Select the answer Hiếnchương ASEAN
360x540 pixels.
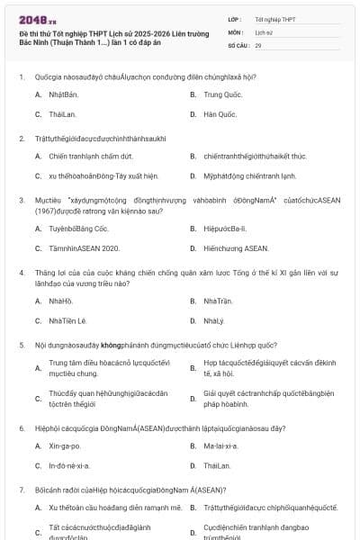click(x=236, y=247)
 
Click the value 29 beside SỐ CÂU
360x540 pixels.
click(x=258, y=44)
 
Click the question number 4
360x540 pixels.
click(x=21, y=271)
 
